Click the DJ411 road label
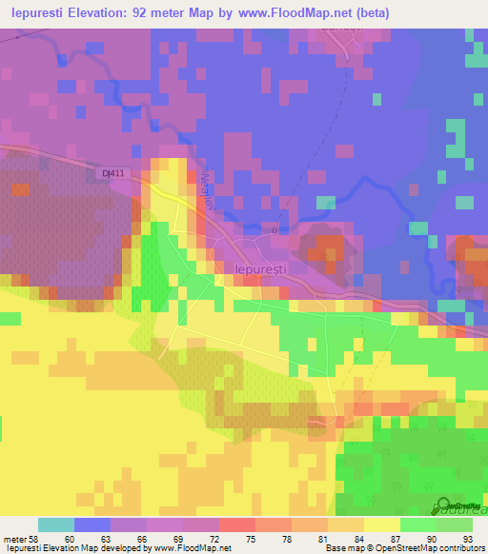click(x=113, y=172)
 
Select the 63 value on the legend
click(x=105, y=537)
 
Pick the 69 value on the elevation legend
click(x=177, y=537)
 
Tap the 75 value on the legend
click(x=250, y=537)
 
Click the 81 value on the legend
click(x=322, y=537)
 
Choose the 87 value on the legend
click(x=395, y=537)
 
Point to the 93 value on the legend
click(x=467, y=537)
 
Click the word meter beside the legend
click(x=12, y=537)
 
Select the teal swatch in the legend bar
click(x=55, y=524)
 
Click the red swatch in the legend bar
click(x=236, y=524)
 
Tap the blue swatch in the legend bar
click(x=91, y=524)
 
